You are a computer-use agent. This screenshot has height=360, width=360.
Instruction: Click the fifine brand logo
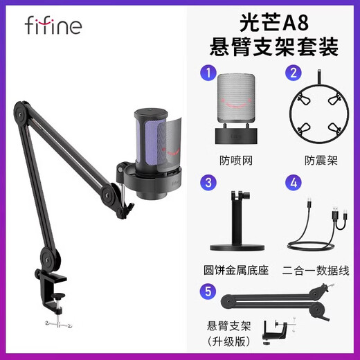(x=53, y=26)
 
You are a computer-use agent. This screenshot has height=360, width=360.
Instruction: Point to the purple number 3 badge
(x=206, y=183)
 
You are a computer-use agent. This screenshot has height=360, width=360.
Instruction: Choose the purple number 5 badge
(x=206, y=291)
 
